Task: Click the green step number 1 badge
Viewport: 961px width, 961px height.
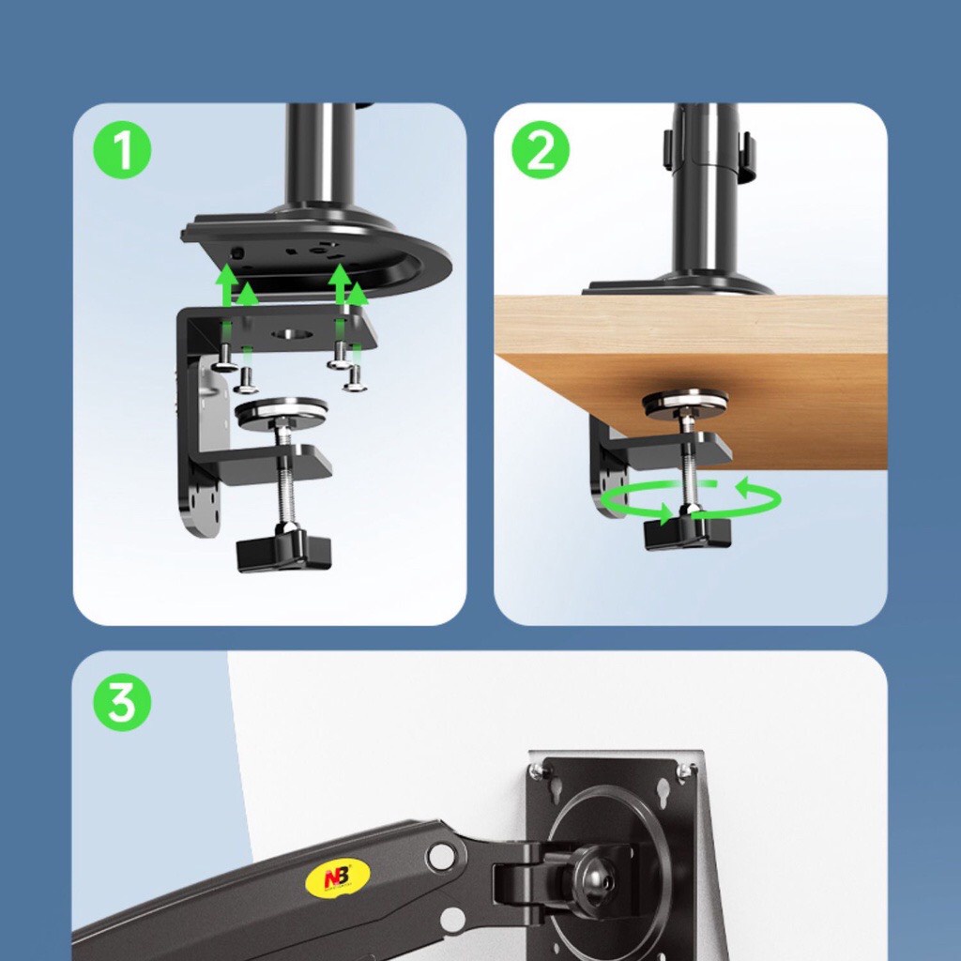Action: [x=122, y=150]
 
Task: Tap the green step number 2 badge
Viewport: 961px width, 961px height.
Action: [x=541, y=150]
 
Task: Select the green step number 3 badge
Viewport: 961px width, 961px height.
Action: [x=122, y=702]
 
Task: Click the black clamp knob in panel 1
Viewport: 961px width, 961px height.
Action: [x=283, y=550]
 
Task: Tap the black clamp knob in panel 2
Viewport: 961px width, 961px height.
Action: [x=687, y=531]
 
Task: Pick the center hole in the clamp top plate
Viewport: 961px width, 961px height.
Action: [x=293, y=334]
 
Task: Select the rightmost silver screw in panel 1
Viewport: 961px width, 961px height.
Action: [x=355, y=379]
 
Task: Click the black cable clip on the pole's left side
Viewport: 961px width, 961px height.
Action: [x=667, y=146]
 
